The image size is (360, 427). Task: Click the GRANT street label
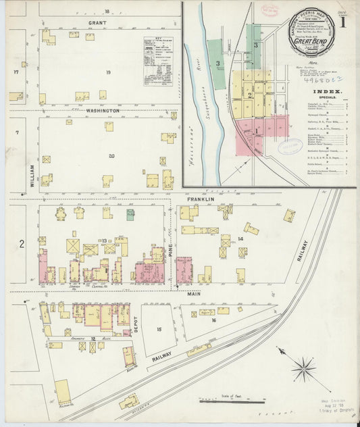pos(97,22)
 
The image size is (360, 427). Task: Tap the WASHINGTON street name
pos(102,110)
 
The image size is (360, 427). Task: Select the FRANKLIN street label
pos(201,199)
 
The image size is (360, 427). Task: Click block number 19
pos(107,72)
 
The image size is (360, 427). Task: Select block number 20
pos(111,156)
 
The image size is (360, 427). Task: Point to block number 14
pos(239,239)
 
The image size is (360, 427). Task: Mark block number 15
pos(159,329)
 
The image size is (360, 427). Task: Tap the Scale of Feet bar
pos(231,401)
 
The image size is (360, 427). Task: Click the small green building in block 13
pos(130,214)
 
